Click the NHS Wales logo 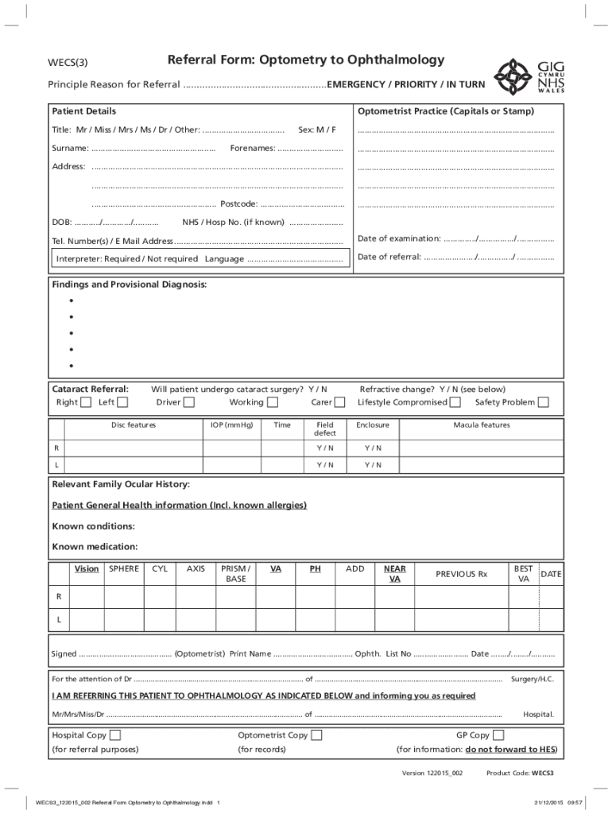click(524, 76)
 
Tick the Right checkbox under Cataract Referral click(85, 402)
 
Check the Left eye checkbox click(123, 402)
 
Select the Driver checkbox click(188, 402)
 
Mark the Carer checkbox click(340, 402)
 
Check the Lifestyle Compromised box click(455, 402)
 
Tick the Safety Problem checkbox click(543, 402)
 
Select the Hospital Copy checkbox click(115, 735)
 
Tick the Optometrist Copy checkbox click(316, 735)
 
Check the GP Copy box click(498, 735)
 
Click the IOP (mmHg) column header click(232, 425)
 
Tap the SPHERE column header click(124, 568)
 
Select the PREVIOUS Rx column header click(461, 574)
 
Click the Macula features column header click(482, 425)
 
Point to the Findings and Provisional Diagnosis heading click(129, 285)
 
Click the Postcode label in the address click(238, 204)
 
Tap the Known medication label click(95, 547)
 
